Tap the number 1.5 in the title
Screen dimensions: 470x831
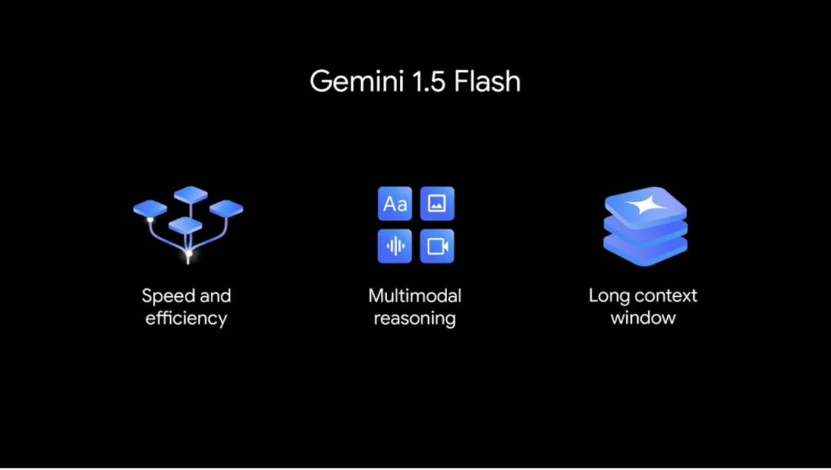point(423,81)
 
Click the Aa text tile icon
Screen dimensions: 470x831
point(395,204)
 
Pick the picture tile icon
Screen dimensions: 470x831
point(437,204)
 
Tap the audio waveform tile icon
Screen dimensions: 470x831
point(395,246)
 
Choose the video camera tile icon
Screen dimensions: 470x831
point(437,246)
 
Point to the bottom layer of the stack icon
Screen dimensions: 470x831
point(645,250)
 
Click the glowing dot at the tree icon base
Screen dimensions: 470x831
point(189,253)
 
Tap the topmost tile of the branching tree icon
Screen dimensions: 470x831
point(190,195)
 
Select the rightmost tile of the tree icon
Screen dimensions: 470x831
point(226,208)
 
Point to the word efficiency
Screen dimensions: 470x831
point(186,318)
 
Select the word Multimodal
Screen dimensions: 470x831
point(415,296)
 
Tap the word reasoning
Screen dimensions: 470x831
point(415,318)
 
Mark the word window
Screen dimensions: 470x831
point(643,318)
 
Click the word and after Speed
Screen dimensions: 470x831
point(215,296)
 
